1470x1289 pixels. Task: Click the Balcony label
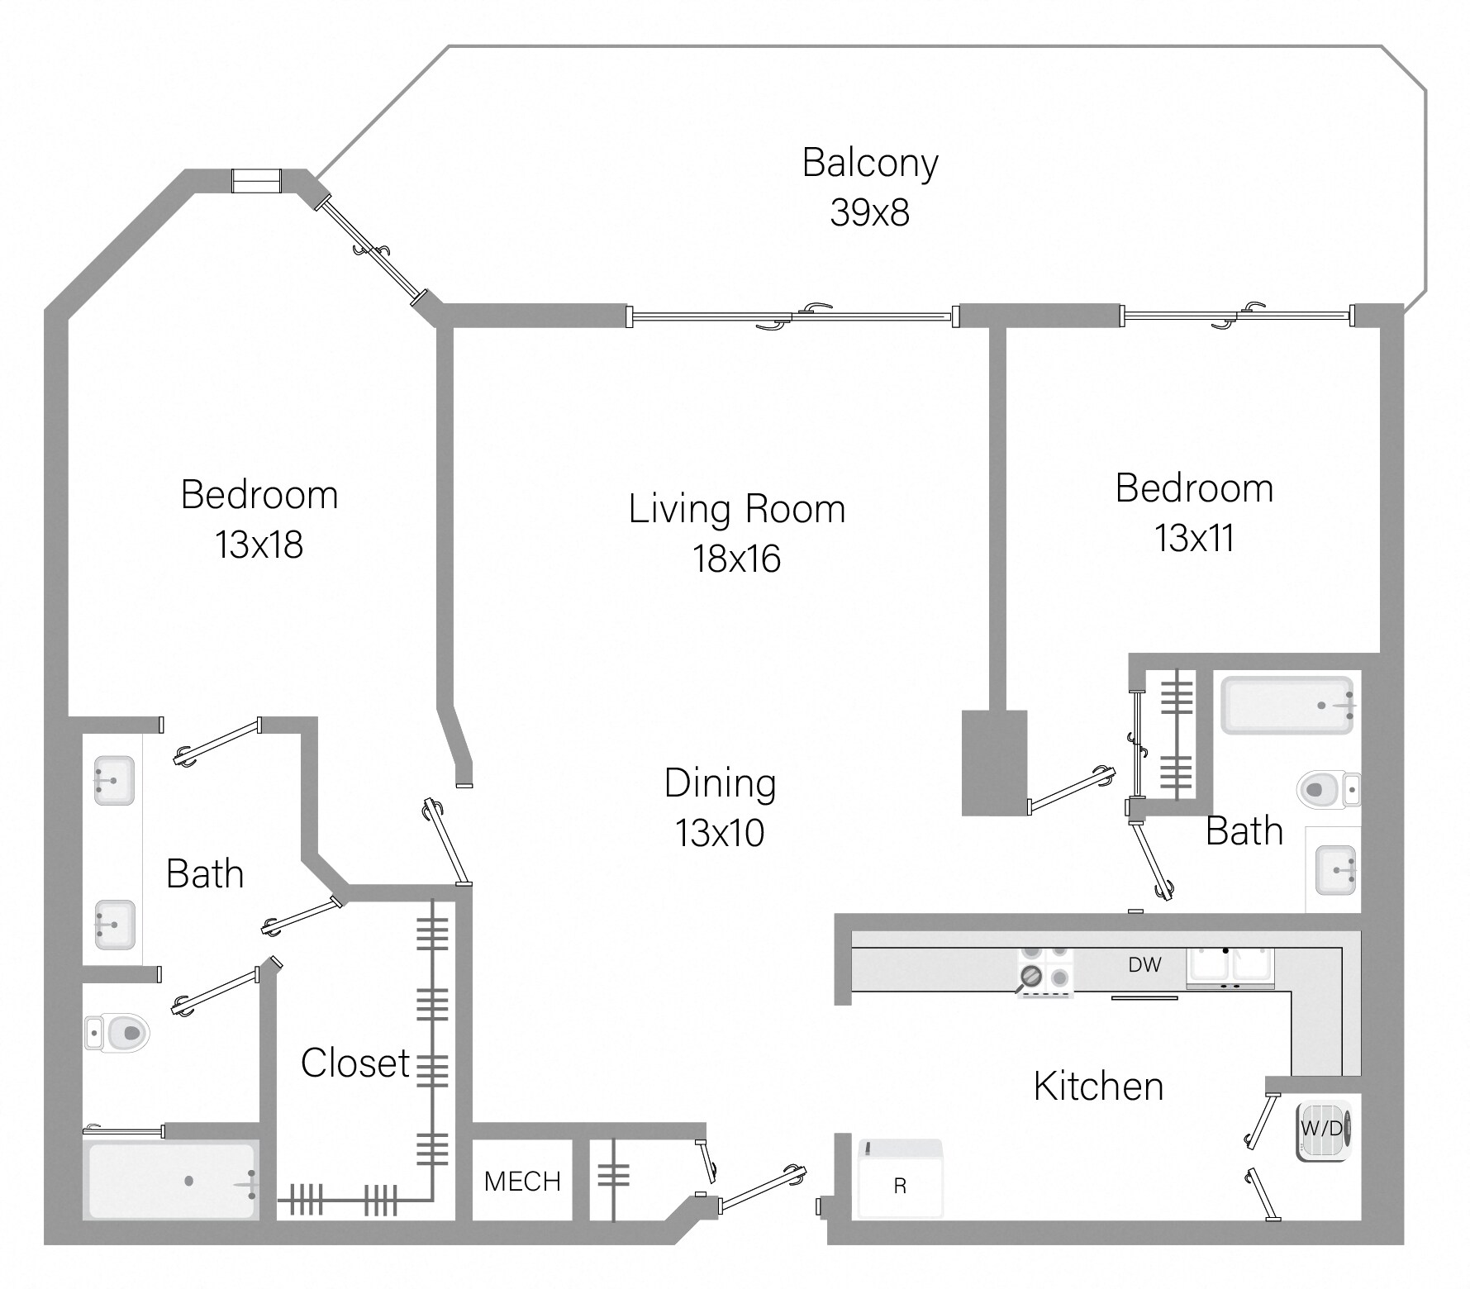point(870,164)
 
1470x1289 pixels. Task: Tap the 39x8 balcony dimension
point(869,213)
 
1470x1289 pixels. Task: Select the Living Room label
point(737,509)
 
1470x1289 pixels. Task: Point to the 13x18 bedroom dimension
point(259,545)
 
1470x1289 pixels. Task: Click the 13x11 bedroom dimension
point(1194,539)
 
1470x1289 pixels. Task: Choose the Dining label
point(720,783)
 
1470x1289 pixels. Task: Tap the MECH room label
point(522,1182)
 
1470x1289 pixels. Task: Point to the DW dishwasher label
point(1144,964)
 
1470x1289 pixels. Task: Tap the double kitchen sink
point(1230,967)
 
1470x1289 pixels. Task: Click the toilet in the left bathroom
point(117,1031)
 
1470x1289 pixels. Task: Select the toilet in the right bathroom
point(1326,789)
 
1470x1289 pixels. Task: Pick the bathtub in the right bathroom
point(1287,705)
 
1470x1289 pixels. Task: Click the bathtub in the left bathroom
point(171,1181)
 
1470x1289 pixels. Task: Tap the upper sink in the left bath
point(113,780)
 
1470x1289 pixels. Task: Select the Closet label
point(355,1063)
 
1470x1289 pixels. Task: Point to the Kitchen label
point(1098,1087)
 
